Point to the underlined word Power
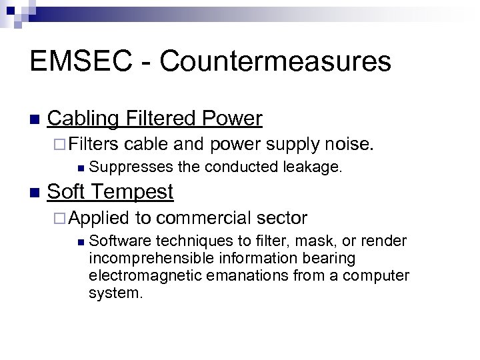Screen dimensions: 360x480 (x=230, y=119)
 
